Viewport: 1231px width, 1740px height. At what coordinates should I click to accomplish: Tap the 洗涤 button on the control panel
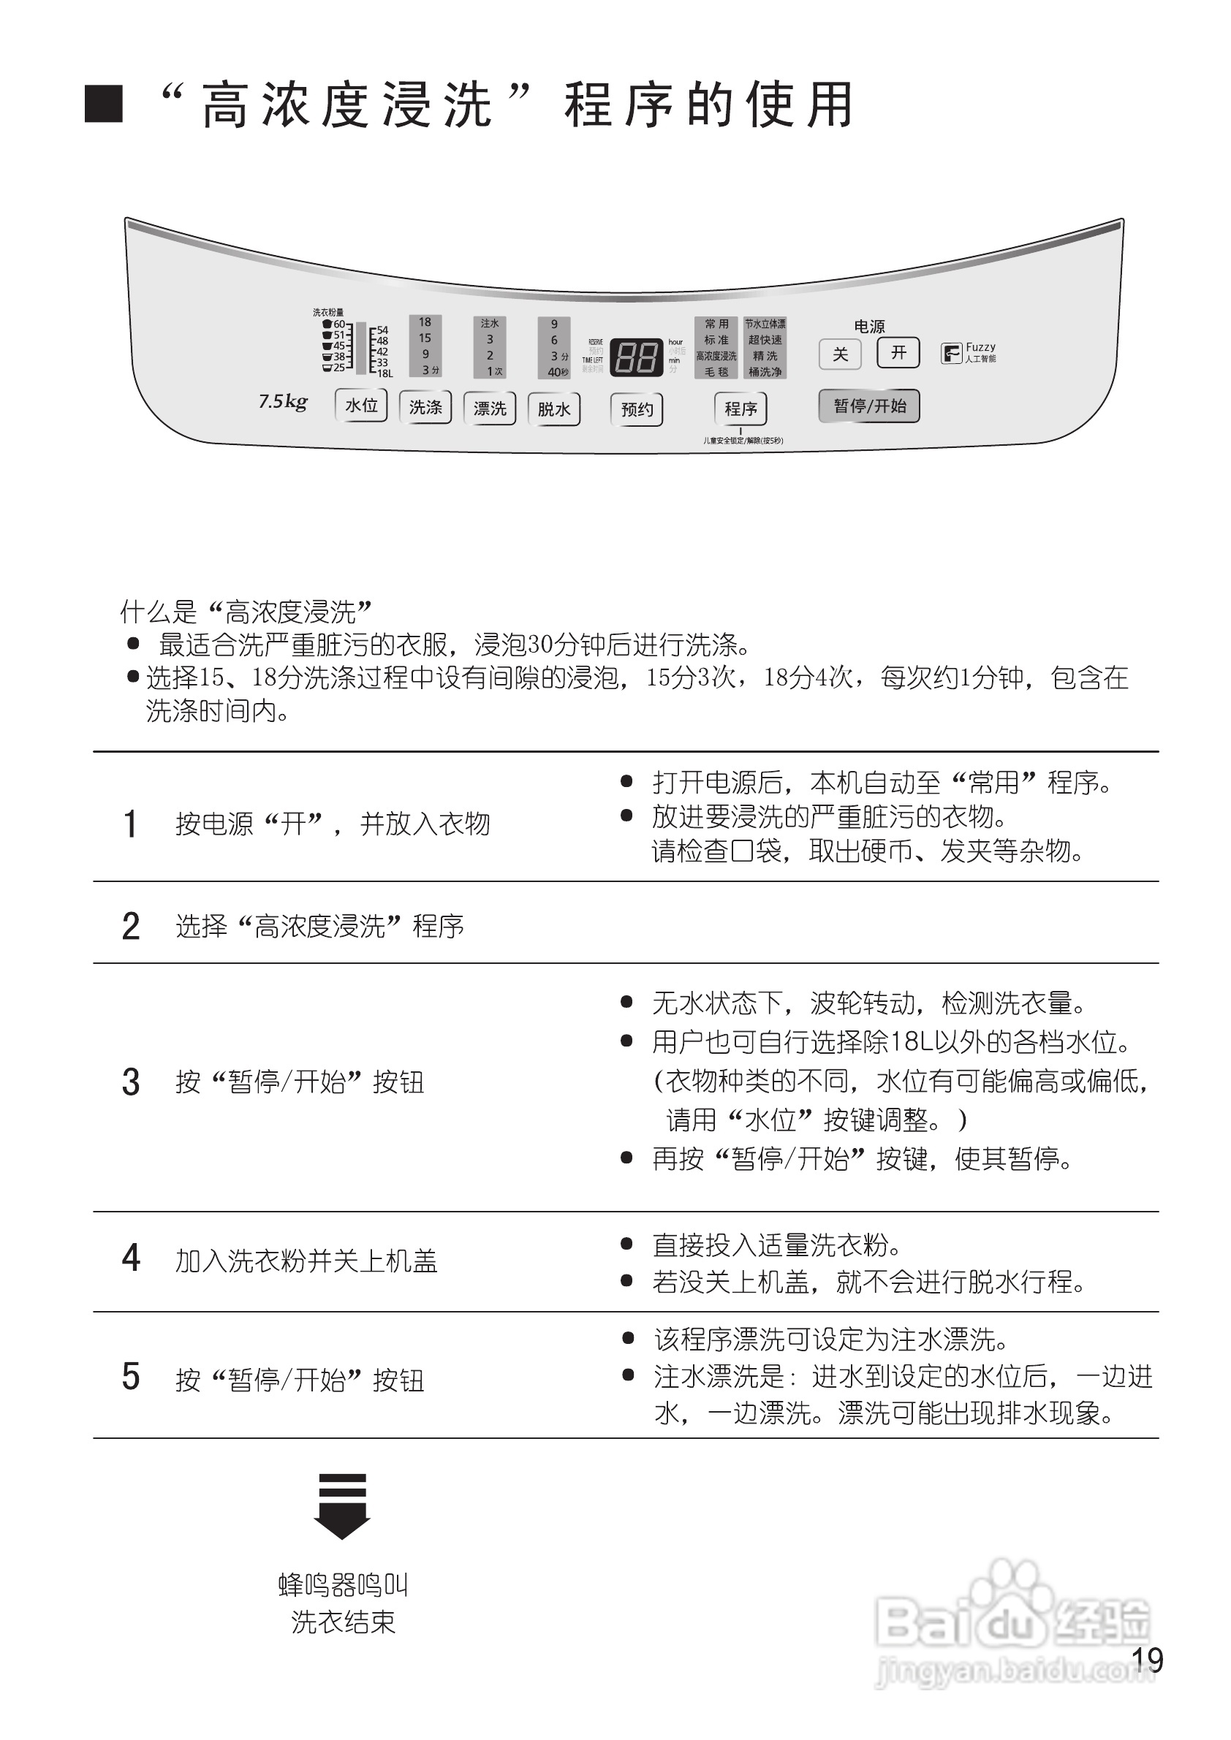click(425, 408)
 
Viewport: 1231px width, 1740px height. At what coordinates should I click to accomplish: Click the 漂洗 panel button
click(490, 409)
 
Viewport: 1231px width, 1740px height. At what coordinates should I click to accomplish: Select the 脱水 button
click(554, 409)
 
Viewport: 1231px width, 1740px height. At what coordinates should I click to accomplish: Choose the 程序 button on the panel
click(741, 409)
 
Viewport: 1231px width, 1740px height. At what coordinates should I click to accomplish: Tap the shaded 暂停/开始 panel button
click(869, 406)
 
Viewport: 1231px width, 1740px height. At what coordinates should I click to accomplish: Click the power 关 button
click(840, 354)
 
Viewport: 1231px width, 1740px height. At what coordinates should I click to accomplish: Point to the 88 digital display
click(637, 355)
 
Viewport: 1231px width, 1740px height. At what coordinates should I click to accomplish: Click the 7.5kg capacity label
click(283, 401)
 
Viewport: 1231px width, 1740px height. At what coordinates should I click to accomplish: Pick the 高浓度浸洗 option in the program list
click(716, 356)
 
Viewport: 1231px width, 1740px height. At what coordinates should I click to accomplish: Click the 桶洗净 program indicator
click(765, 372)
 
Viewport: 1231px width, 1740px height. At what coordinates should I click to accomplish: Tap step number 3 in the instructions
click(131, 1082)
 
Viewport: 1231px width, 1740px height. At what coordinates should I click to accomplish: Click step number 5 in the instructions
click(131, 1376)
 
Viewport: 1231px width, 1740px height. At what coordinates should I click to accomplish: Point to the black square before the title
click(104, 104)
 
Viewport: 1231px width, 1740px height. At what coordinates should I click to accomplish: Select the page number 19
click(1147, 1660)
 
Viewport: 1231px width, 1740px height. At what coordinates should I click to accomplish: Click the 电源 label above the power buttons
click(869, 327)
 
